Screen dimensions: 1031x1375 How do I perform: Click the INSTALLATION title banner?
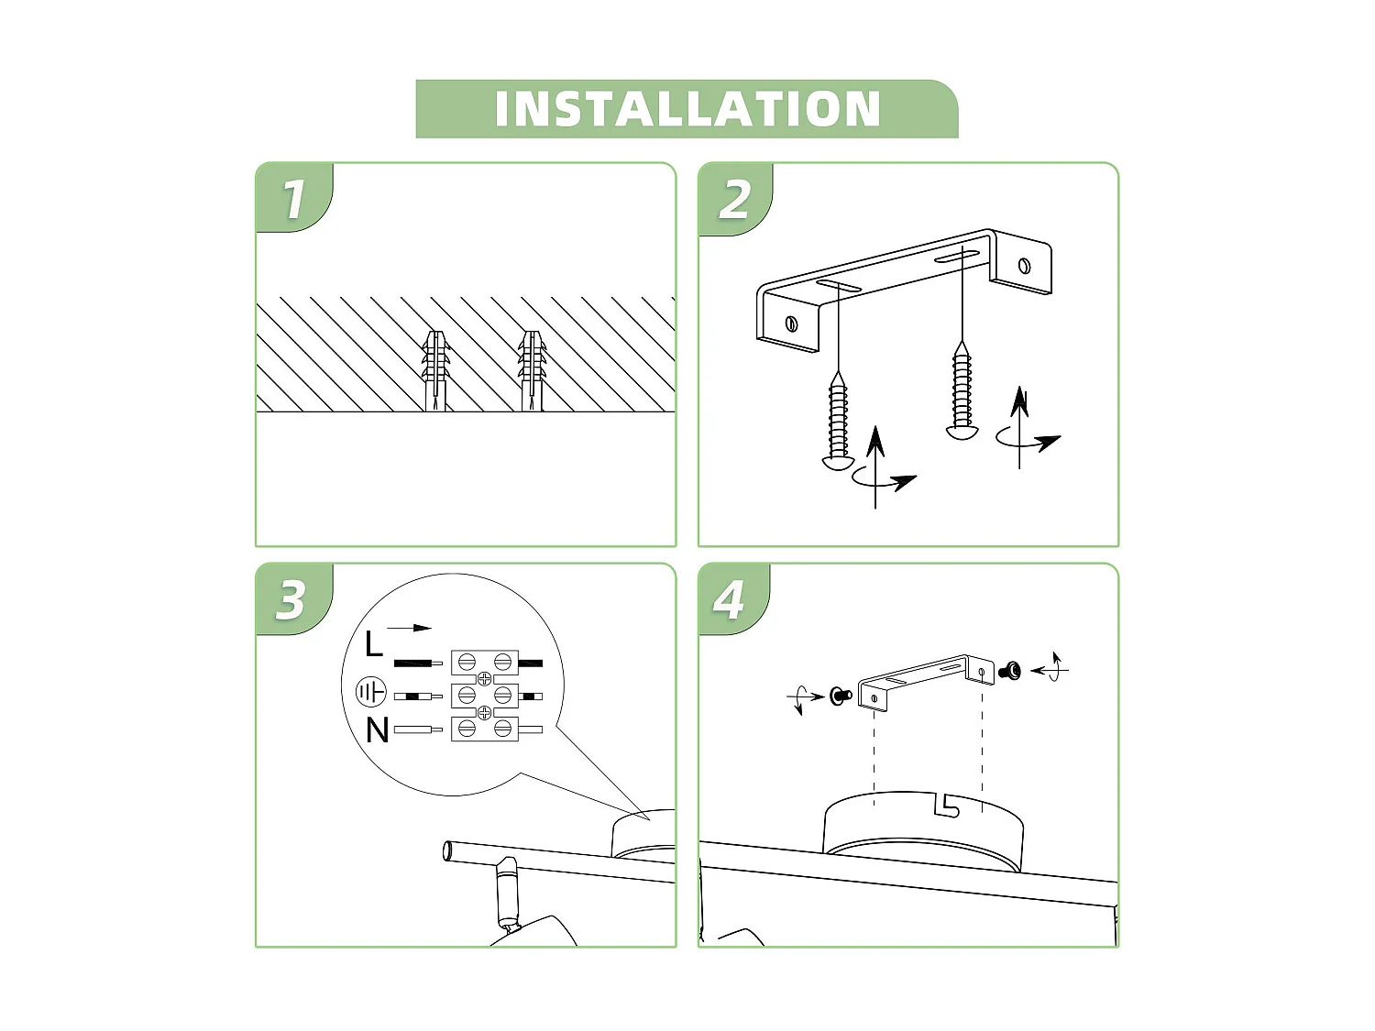tap(687, 109)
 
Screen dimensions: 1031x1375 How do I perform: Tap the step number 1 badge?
tap(293, 199)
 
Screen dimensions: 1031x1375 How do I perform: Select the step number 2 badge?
tap(734, 199)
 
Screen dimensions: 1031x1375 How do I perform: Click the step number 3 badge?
tap(291, 600)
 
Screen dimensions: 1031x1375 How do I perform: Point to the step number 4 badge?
tap(730, 600)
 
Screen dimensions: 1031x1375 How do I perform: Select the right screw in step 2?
tap(962, 389)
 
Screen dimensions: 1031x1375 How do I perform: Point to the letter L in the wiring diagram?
tap(373, 645)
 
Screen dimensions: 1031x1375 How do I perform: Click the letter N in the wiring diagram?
tap(377, 730)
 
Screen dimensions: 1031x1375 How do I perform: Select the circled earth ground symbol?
tap(370, 692)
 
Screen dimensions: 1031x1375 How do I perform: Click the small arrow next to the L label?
tap(409, 628)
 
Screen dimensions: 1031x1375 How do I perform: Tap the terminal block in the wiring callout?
tap(485, 695)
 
